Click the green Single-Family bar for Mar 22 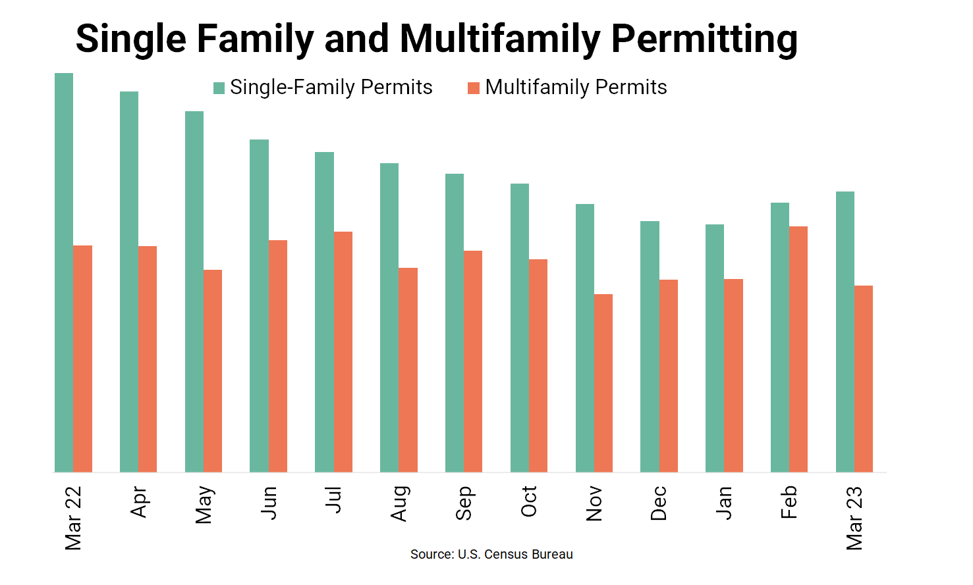click(x=64, y=272)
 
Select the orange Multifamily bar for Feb click(x=798, y=349)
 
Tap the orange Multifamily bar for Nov click(x=603, y=383)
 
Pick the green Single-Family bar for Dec click(x=650, y=346)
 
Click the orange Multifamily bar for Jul click(x=343, y=351)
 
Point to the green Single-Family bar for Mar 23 click(x=845, y=332)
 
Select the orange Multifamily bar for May click(x=213, y=370)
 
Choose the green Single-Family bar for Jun click(x=259, y=305)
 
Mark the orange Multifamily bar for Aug click(x=408, y=370)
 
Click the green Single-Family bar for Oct click(x=520, y=328)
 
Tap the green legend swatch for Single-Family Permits click(x=219, y=88)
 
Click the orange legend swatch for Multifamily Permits click(x=474, y=88)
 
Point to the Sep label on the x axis click(x=464, y=503)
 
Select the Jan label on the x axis click(x=724, y=503)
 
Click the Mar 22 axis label click(x=73, y=518)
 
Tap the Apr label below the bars click(x=138, y=502)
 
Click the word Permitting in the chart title click(x=704, y=38)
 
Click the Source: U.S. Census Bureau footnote click(x=491, y=554)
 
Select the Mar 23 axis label click(x=854, y=518)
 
